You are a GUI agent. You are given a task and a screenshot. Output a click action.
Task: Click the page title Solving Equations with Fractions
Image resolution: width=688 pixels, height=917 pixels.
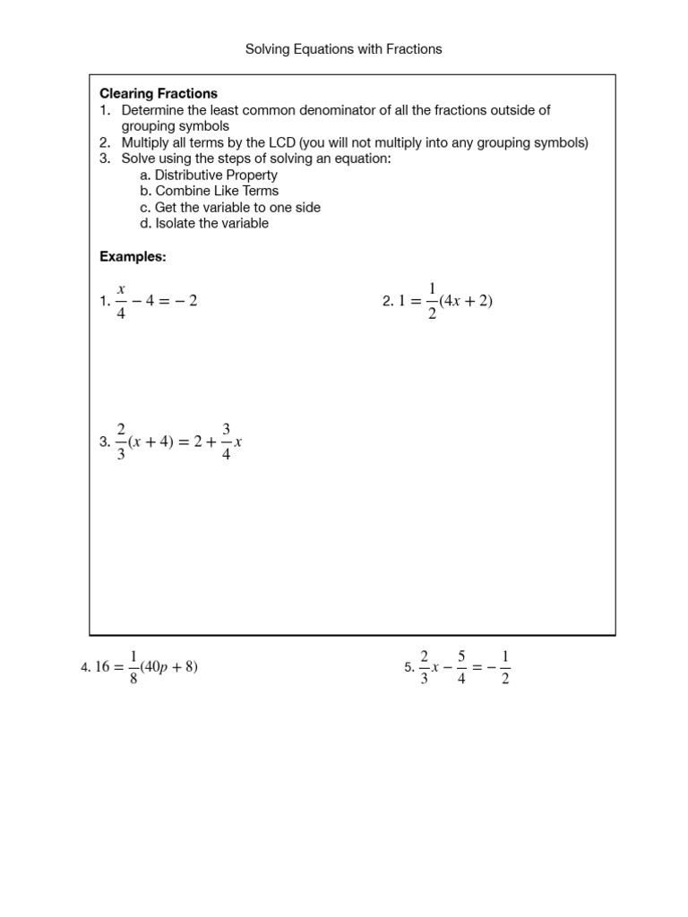[344, 49]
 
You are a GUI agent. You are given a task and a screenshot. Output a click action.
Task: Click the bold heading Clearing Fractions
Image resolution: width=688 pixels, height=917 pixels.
[159, 93]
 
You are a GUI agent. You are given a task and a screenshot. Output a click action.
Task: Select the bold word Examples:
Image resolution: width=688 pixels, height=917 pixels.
[133, 257]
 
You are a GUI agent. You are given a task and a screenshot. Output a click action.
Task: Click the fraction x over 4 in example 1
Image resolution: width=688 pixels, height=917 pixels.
[120, 301]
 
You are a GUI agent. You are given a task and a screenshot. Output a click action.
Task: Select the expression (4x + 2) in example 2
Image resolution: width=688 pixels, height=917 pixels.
[467, 302]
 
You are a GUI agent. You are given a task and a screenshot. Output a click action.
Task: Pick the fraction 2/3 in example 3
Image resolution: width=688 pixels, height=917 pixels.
[121, 442]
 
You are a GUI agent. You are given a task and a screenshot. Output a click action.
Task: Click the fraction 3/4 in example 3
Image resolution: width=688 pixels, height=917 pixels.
[227, 442]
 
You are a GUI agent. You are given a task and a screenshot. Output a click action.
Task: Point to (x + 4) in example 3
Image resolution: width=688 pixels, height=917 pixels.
[157, 442]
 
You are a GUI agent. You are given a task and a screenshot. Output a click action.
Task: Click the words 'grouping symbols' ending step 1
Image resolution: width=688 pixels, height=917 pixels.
[176, 126]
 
